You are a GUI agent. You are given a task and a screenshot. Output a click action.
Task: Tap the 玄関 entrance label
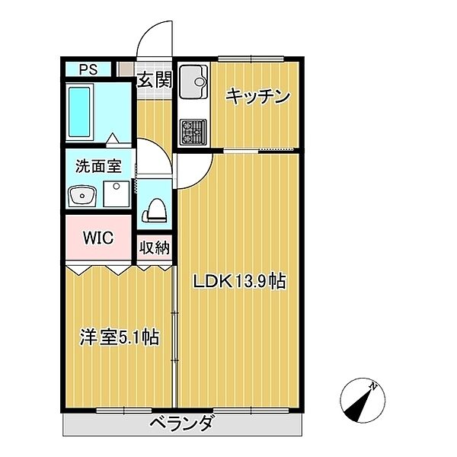[155, 78]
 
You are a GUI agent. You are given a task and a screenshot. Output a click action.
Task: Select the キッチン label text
[258, 96]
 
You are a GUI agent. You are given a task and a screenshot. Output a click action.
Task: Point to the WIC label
[97, 238]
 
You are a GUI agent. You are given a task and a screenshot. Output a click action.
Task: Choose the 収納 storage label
[155, 248]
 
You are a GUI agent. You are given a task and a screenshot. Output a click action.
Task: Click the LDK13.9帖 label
[238, 282]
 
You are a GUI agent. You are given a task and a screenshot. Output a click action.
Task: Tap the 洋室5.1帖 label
[120, 337]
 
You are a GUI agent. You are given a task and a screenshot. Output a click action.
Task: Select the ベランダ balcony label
[181, 423]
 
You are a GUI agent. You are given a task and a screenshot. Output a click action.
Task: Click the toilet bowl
[155, 208]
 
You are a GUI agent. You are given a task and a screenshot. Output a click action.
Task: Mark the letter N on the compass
[373, 387]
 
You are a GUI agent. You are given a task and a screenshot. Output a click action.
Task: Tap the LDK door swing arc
[194, 171]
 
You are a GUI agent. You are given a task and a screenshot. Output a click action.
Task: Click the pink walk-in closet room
[97, 238]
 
